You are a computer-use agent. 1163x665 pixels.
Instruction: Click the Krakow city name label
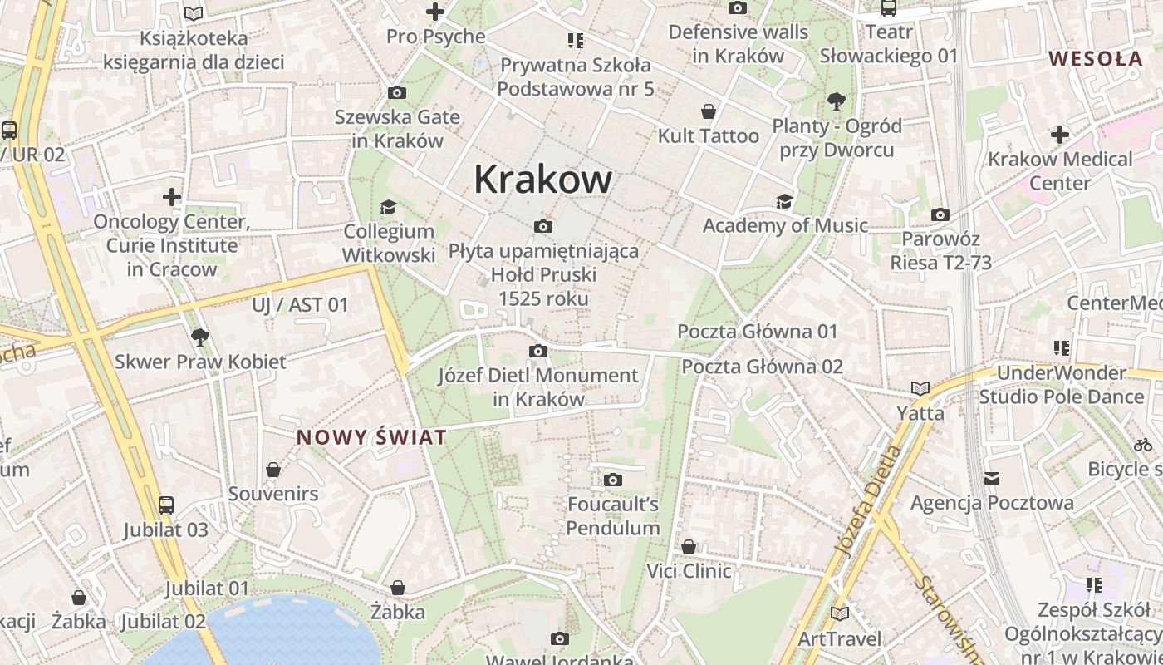click(543, 179)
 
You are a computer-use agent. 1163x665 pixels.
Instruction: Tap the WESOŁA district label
click(1096, 59)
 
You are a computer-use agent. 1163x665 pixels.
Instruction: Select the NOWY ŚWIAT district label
click(371, 437)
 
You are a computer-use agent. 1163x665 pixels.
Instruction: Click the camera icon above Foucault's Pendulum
click(613, 480)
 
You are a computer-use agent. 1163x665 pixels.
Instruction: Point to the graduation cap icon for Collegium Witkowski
click(388, 207)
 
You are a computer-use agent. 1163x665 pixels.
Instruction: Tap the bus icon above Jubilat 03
click(166, 505)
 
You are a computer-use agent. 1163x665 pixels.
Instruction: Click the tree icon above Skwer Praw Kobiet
click(199, 337)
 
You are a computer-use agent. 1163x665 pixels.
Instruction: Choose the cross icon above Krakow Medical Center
click(1060, 134)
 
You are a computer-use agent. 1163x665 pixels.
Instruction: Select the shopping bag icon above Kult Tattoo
click(709, 111)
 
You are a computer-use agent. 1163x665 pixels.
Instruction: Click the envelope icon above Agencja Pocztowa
click(992, 478)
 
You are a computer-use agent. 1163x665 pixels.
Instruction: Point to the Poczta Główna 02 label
click(762, 367)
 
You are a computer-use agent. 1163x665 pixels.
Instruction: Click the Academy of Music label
click(785, 225)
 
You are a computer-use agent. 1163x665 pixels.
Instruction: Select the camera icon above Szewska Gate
click(397, 92)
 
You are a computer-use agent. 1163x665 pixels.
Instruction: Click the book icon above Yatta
click(920, 388)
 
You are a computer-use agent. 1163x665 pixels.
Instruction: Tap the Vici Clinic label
click(689, 571)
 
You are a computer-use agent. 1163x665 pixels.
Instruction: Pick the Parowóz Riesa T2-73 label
click(940, 251)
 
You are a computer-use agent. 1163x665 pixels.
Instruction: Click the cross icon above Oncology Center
click(172, 197)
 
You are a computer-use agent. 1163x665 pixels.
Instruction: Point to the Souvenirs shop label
click(272, 494)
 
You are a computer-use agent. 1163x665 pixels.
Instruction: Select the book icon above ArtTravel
click(840, 613)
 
